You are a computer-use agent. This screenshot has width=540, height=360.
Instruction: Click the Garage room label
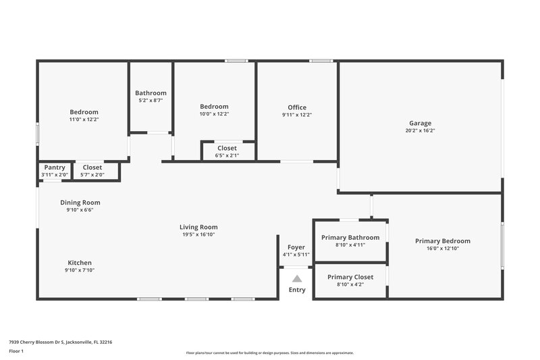click(420, 123)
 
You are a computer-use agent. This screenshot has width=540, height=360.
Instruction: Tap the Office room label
click(297, 107)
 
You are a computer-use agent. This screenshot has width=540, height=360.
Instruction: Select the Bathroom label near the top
click(151, 93)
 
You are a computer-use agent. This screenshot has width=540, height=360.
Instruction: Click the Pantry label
click(54, 168)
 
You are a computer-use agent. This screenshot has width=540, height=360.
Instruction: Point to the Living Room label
click(198, 227)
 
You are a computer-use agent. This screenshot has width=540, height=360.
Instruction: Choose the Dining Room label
click(80, 202)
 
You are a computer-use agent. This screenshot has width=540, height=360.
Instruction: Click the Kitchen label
click(80, 263)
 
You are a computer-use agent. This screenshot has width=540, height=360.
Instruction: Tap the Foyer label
click(296, 247)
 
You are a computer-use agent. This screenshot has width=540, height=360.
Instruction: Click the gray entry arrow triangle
click(297, 278)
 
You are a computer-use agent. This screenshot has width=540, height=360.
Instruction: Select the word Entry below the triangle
click(297, 290)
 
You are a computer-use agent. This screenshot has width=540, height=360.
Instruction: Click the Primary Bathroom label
click(350, 237)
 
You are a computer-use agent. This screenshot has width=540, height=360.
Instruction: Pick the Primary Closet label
click(350, 277)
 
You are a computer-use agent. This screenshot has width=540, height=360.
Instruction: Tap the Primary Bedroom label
click(442, 241)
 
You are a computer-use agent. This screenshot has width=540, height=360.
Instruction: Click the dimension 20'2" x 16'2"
click(420, 130)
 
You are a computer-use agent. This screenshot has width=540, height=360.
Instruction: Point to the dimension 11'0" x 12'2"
click(84, 120)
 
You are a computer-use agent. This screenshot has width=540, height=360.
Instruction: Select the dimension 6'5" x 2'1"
click(227, 155)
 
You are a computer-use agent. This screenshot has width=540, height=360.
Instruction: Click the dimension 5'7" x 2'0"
click(92, 175)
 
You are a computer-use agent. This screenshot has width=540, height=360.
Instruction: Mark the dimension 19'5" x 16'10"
click(198, 234)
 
